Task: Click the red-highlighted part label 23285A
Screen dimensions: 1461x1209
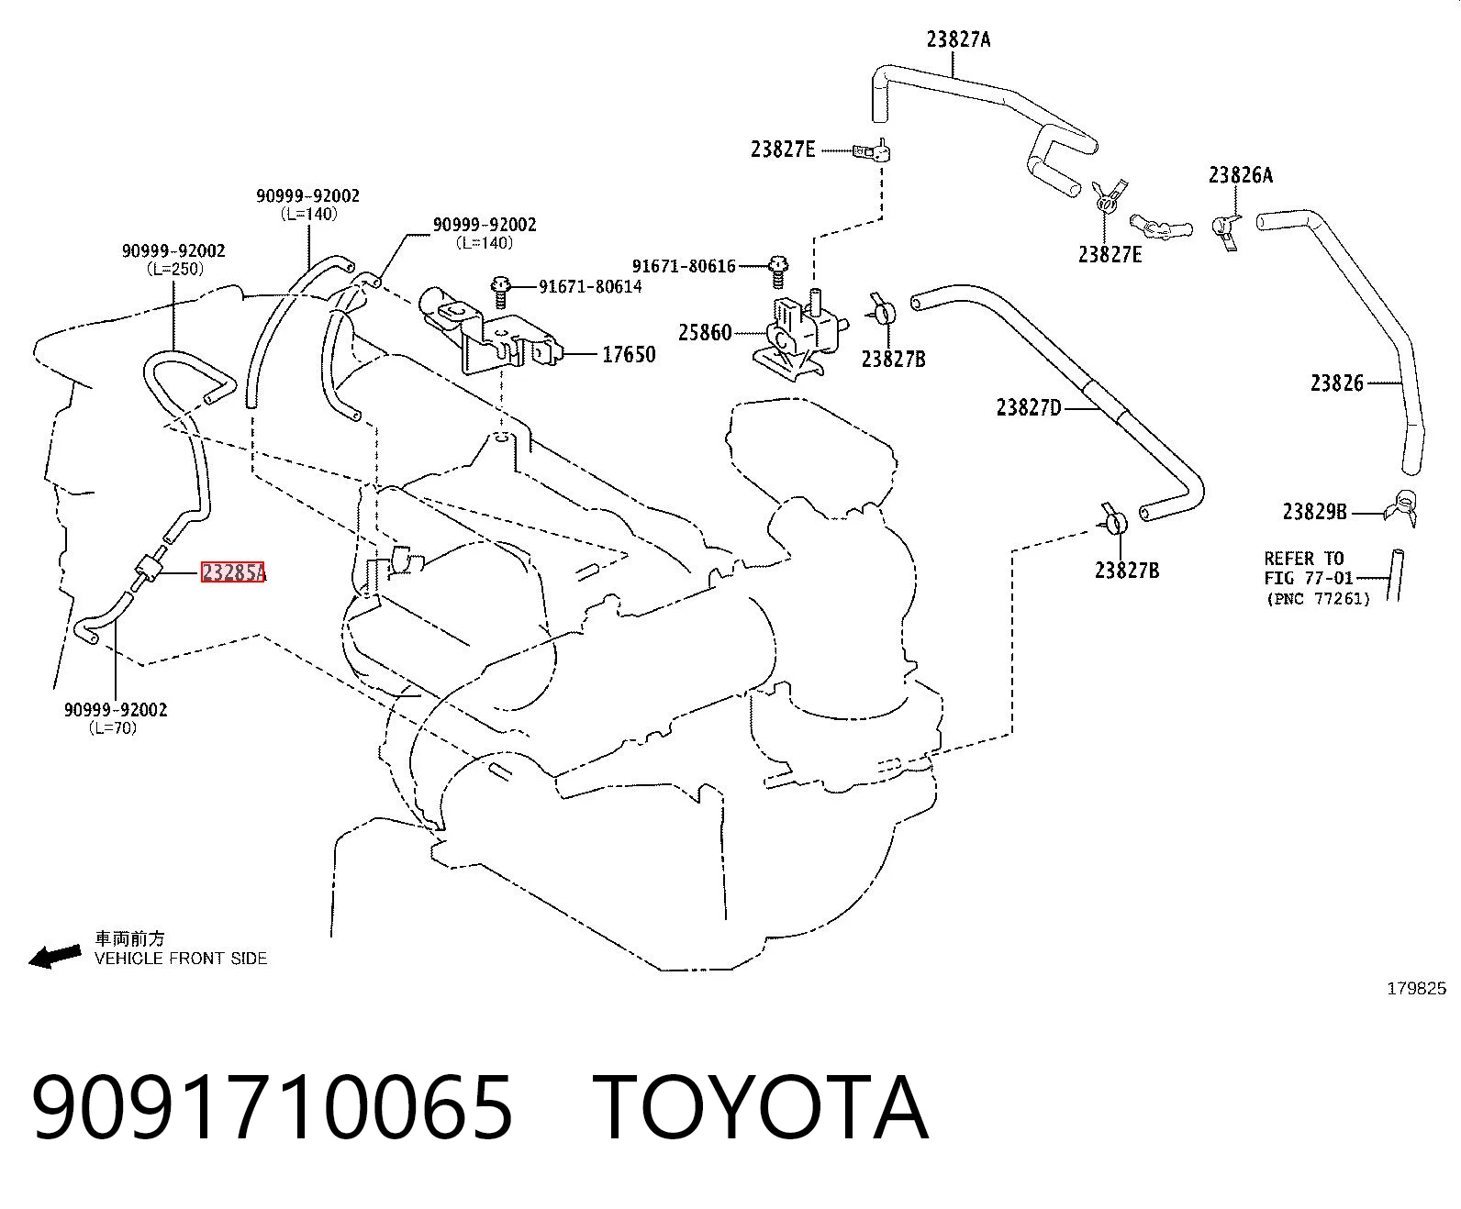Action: point(233,572)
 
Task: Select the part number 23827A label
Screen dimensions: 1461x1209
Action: point(958,39)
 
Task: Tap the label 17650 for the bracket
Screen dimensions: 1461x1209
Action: point(629,355)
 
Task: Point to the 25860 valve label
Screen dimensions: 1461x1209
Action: point(705,332)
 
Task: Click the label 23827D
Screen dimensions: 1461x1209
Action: point(1029,407)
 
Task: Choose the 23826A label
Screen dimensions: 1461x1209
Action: point(1240,175)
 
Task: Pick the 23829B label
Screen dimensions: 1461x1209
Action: point(1314,512)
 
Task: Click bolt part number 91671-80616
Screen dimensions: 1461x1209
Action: point(684,266)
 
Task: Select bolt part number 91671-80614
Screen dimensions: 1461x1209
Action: point(590,286)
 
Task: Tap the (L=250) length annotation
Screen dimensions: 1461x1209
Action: point(175,269)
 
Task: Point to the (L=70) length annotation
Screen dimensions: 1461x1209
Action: point(113,727)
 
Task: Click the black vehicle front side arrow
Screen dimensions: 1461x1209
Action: point(54,956)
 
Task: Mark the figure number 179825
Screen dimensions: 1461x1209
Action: point(1416,989)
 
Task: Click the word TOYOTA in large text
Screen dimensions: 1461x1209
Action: point(761,1110)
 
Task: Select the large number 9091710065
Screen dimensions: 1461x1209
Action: point(273,1110)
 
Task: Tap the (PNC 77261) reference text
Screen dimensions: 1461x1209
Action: point(1318,599)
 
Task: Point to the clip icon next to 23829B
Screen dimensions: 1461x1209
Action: point(1401,508)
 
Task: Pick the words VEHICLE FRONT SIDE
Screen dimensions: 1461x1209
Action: point(181,959)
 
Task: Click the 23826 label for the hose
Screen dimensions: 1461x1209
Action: point(1336,383)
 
